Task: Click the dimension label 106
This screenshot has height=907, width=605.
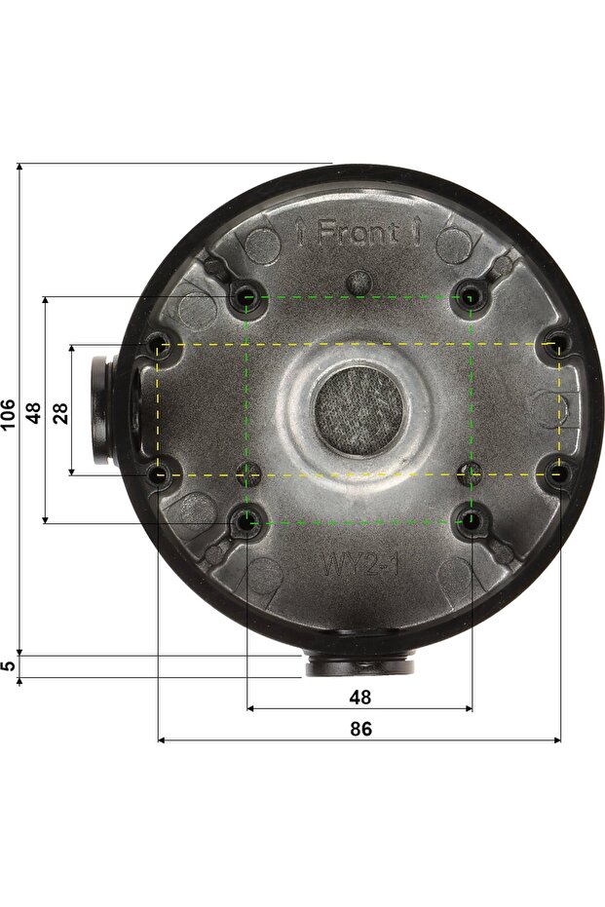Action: tap(8, 414)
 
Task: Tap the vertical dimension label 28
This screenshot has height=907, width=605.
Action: tap(60, 413)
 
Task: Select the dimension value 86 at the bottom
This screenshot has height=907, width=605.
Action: tap(360, 729)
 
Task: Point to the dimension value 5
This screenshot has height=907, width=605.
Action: tap(8, 665)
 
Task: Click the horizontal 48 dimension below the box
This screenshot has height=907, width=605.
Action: tap(359, 697)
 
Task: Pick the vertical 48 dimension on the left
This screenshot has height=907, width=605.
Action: tap(34, 413)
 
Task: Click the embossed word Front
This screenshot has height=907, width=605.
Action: tap(358, 233)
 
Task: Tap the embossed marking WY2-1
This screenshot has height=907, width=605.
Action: tap(359, 564)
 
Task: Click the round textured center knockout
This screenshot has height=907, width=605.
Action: tap(359, 410)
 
